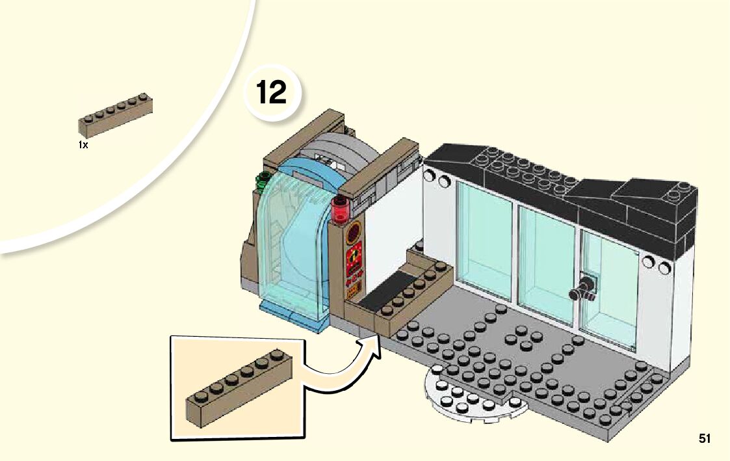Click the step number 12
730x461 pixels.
pyautogui.click(x=272, y=92)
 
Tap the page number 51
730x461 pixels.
pyautogui.click(x=705, y=439)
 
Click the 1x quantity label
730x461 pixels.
pyautogui.click(x=83, y=146)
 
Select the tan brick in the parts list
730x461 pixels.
pyautogui.click(x=116, y=115)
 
